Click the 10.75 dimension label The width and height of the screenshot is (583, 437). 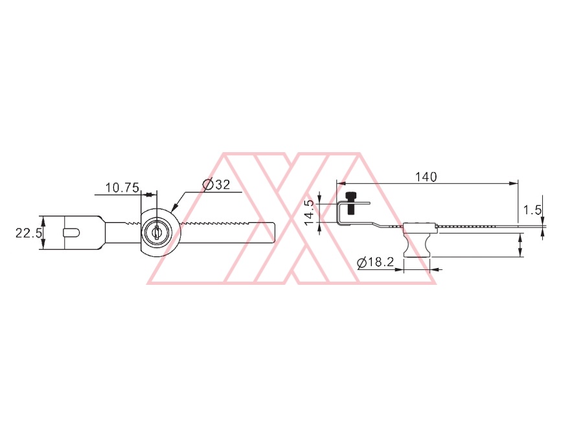(x=122, y=188)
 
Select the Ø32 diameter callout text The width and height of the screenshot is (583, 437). (x=216, y=185)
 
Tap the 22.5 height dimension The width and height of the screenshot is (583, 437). (x=29, y=233)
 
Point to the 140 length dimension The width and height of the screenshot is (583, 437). (x=426, y=177)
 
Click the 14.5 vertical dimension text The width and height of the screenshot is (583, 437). (x=309, y=212)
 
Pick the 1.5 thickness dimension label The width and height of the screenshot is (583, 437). (x=532, y=210)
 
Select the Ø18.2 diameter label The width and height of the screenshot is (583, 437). (x=375, y=262)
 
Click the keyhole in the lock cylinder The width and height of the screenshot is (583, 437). (x=157, y=232)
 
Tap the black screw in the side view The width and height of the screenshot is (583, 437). (x=350, y=203)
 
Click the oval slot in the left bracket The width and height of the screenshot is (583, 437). (x=71, y=232)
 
